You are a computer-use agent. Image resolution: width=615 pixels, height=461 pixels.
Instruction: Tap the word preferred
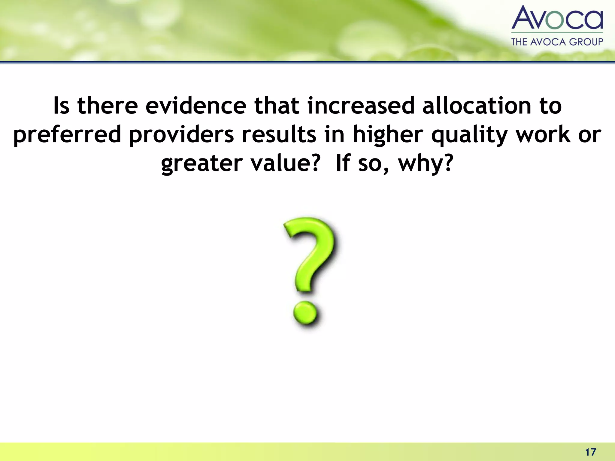[67, 135]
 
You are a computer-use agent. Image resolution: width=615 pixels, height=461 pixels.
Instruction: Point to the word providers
[181, 135]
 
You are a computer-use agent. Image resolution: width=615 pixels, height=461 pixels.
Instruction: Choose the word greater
[201, 164]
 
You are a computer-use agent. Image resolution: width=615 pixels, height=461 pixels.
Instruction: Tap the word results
[279, 135]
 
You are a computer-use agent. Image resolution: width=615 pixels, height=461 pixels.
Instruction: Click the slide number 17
[591, 452]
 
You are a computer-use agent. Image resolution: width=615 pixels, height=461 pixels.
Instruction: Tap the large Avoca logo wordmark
[557, 18]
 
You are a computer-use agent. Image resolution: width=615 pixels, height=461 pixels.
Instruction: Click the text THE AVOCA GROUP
[557, 42]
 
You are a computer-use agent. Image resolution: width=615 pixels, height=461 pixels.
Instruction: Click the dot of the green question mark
[305, 313]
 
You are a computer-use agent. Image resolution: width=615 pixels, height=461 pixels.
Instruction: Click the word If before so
[343, 164]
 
